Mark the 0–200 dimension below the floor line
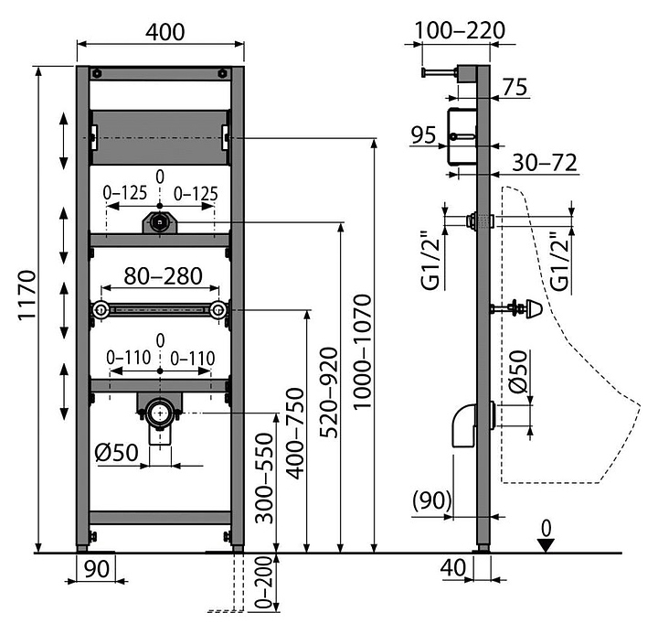click(262, 585)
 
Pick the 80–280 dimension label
click(159, 275)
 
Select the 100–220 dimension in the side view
click(459, 31)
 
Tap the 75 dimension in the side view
click(515, 88)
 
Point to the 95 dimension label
click(422, 135)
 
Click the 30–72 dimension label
click(545, 163)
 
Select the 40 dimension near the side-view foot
click(452, 568)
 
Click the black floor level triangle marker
click(547, 545)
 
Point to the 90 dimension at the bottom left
click(97, 568)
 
